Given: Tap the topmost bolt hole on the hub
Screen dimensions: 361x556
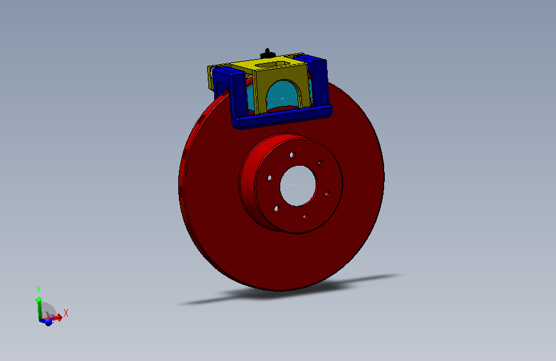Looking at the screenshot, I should point(292,155).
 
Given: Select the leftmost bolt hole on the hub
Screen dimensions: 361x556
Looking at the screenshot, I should point(270,177).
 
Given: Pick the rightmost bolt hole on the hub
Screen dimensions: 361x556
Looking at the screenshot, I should point(327,193).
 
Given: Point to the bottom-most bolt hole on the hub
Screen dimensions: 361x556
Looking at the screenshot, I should point(305,217).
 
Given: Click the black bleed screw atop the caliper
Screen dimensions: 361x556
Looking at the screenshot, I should point(265,52).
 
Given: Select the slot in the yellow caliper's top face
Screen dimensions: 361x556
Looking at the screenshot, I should point(275,63).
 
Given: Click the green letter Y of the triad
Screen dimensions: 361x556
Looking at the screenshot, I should point(38,289).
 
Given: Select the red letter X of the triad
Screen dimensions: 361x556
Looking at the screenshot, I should point(65,313).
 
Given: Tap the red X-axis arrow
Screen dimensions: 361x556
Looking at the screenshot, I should point(56,317).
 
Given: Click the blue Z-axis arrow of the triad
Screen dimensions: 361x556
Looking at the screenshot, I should point(47,321).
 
